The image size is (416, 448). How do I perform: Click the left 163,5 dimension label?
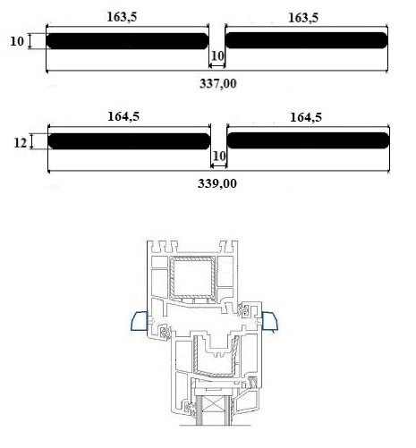click(x=122, y=17)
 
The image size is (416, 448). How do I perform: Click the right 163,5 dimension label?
click(x=303, y=18)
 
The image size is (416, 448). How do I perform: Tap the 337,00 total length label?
click(x=218, y=83)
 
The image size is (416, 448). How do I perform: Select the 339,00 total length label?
click(x=217, y=183)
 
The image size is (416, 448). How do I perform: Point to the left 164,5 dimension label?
click(x=123, y=116)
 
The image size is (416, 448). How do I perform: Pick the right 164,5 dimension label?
click(x=306, y=117)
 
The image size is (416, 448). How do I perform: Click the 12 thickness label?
click(x=21, y=143)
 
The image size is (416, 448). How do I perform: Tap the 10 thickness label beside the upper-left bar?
click(x=17, y=41)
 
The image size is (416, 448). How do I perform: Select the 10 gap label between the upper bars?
click(x=217, y=55)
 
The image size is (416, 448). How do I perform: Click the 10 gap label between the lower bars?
click(x=219, y=156)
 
